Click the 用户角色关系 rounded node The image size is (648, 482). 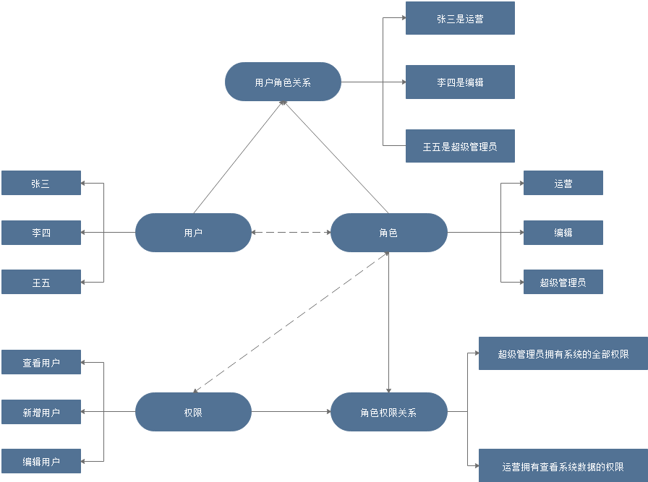[283, 82]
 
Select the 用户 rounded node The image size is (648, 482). [193, 233]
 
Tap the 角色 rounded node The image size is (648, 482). [388, 233]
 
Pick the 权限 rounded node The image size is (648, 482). [193, 413]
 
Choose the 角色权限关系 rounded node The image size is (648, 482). [388, 413]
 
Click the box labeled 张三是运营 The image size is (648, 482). [460, 19]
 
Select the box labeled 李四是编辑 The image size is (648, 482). [460, 82]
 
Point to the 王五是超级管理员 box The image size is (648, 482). [460, 147]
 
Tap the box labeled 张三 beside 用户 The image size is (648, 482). [40, 184]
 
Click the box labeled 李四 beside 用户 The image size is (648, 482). [40, 233]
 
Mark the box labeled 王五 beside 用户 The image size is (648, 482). [40, 283]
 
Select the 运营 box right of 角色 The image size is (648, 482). [563, 184]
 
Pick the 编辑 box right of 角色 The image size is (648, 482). [563, 233]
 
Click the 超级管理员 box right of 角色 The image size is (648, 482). [563, 283]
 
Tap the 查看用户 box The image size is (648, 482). [40, 363]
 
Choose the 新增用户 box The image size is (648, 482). [40, 413]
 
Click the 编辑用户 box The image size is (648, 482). [40, 462]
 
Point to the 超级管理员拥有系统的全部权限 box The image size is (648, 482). [563, 354]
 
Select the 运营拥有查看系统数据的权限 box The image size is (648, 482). [563, 467]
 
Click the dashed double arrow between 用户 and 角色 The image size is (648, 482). [291, 233]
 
